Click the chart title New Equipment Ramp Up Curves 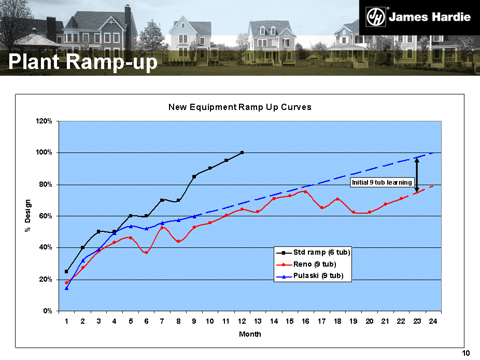pyautogui.click(x=239, y=107)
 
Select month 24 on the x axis pyautogui.click(x=432, y=322)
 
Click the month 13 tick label pyautogui.click(x=258, y=322)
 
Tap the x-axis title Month pyautogui.click(x=250, y=335)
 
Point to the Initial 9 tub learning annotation pyautogui.click(x=382, y=183)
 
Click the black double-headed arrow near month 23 pyautogui.click(x=417, y=174)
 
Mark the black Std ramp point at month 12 pyautogui.click(x=242, y=153)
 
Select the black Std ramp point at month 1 pyautogui.click(x=66, y=271)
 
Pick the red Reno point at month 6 pyautogui.click(x=146, y=253)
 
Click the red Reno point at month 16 pyautogui.click(x=305, y=192)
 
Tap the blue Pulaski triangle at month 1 pyautogui.click(x=66, y=288)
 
